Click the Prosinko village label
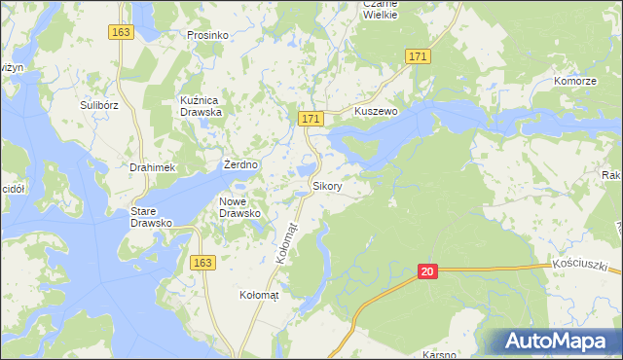coord(206,35)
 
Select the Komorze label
coord(574,81)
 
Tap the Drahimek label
coord(152,167)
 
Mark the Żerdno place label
coord(240,164)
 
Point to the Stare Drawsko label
coord(152,216)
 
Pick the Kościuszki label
coord(579,265)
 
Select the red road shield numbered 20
coord(428,272)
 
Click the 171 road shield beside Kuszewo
coord(310,119)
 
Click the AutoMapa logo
coord(559,341)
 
